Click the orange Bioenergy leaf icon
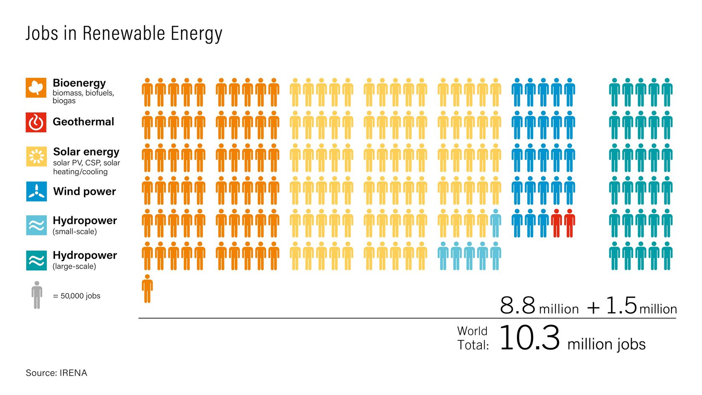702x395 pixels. tap(36, 87)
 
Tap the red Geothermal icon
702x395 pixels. tap(36, 122)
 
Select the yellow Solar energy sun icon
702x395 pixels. tap(36, 156)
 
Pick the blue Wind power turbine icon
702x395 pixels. tap(36, 191)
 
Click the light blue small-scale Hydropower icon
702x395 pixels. tap(36, 225)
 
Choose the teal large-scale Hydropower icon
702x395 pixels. tap(36, 260)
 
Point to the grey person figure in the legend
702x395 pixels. tap(37, 295)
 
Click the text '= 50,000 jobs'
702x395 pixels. tap(77, 296)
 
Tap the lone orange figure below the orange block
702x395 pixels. tap(147, 288)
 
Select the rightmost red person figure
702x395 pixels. tap(570, 223)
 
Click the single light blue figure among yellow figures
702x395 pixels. tap(496, 223)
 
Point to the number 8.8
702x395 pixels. tap(517, 306)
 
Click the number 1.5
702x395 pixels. tap(621, 306)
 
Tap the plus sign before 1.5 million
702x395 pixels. tap(593, 308)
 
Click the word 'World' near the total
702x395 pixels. tap(472, 331)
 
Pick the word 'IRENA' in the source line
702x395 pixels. tap(73, 373)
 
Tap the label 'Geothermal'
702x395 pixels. tap(83, 122)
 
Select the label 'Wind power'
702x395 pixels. tap(84, 191)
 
